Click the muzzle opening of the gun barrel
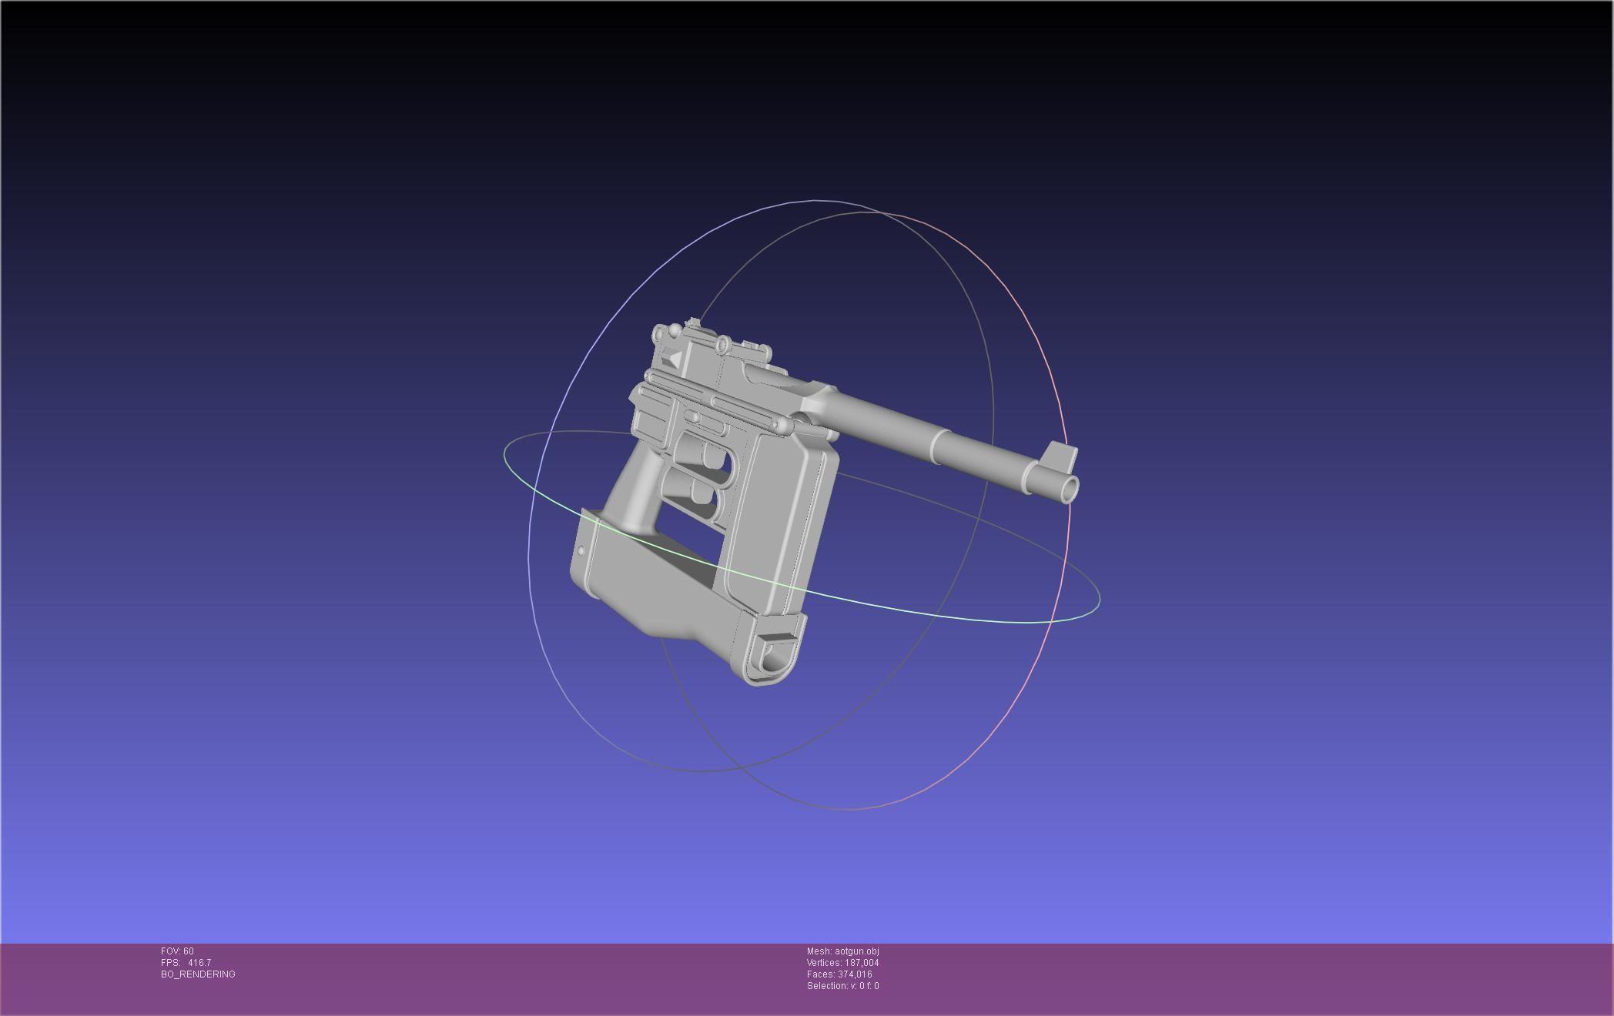pyautogui.click(x=1070, y=487)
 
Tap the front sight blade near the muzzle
pyautogui.click(x=1062, y=456)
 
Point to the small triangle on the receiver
pyautogui.click(x=672, y=359)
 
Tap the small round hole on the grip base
pyautogui.click(x=581, y=551)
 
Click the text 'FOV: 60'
pyautogui.click(x=177, y=951)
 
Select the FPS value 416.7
pyautogui.click(x=199, y=963)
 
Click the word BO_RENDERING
pyautogui.click(x=198, y=974)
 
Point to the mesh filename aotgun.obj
pyautogui.click(x=856, y=951)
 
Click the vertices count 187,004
pyautogui.click(x=860, y=963)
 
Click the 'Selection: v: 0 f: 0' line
pyautogui.click(x=842, y=986)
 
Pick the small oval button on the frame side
pyautogui.click(x=691, y=416)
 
